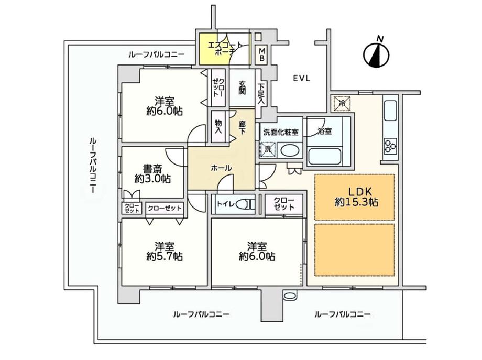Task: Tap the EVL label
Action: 302,79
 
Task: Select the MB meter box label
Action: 262,54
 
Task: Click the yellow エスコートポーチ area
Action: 225,49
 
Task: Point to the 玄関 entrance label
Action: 242,88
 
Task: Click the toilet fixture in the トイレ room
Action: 247,204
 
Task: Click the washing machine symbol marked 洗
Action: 268,150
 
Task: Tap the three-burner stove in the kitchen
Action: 390,146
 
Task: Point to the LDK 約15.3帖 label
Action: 357,197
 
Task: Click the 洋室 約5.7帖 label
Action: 165,251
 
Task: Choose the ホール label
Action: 221,168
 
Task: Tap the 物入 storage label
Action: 218,126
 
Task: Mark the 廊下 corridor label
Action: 242,127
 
